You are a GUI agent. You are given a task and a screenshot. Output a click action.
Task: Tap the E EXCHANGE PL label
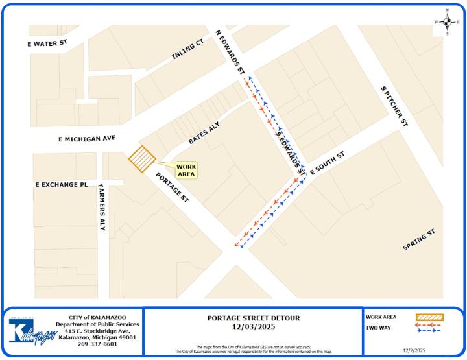(x=62, y=184)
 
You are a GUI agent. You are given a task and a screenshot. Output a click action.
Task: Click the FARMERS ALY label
(x=102, y=208)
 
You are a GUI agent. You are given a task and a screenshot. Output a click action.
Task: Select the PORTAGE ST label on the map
(x=171, y=188)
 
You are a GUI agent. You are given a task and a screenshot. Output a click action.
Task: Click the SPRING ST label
(x=418, y=240)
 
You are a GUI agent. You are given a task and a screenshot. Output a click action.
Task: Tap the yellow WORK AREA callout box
(x=186, y=171)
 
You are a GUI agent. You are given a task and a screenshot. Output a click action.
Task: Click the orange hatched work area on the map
(x=141, y=159)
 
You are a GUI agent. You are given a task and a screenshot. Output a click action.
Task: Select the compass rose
(x=447, y=21)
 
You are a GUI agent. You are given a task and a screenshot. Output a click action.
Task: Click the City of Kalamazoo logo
(x=29, y=331)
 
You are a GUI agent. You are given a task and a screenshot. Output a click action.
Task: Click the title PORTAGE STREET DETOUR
(x=253, y=318)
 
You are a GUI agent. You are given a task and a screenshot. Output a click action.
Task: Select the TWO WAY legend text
(x=377, y=328)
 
